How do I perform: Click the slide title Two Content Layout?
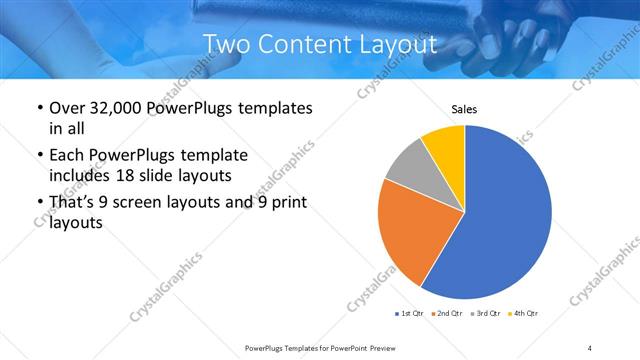pos(320,45)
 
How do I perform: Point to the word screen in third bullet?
pos(149,203)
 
